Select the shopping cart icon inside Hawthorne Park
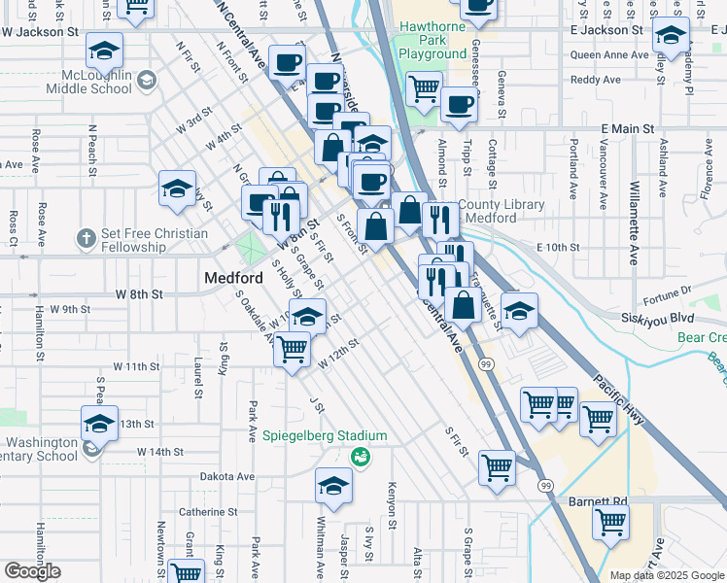425,88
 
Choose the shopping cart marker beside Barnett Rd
612,524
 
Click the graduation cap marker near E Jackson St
670,37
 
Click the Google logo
32,571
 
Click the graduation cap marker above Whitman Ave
333,485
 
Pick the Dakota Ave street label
226,477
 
